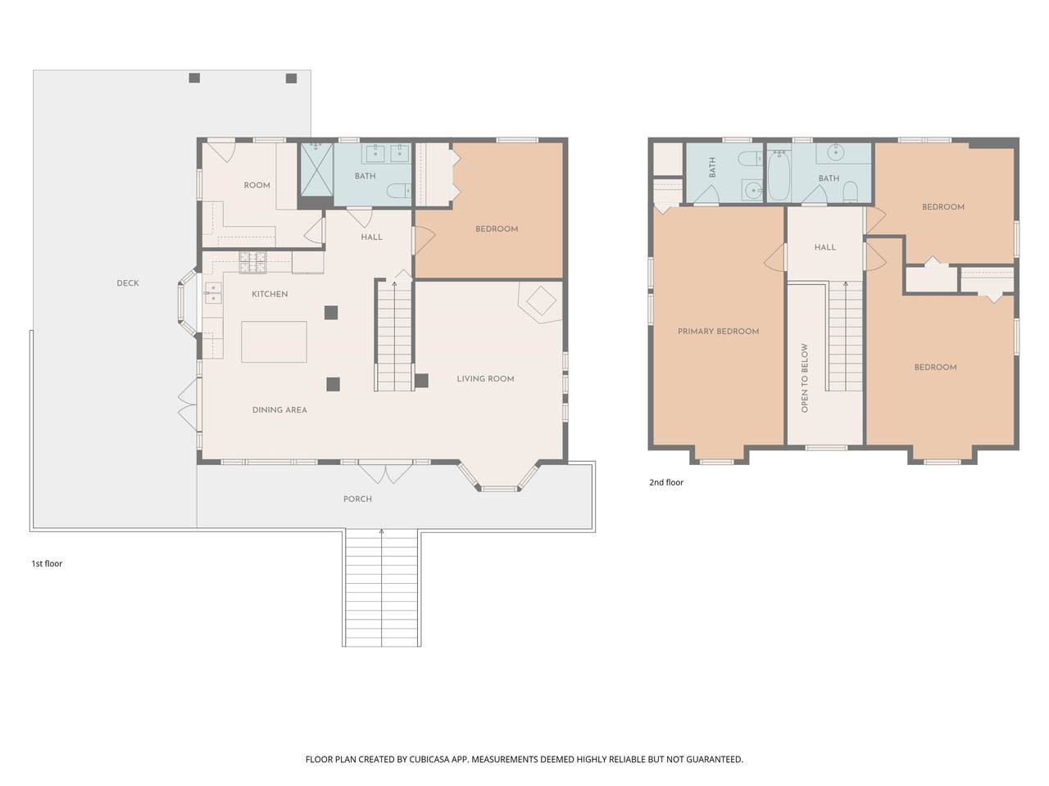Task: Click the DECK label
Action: (x=128, y=283)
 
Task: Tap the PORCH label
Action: (x=357, y=499)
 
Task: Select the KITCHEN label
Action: (x=270, y=294)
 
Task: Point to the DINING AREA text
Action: (x=279, y=409)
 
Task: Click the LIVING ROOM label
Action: (x=485, y=378)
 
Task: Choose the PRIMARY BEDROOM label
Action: (x=718, y=332)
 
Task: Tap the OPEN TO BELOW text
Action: (x=804, y=378)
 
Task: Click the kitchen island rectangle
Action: (x=274, y=341)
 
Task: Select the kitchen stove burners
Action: (x=252, y=263)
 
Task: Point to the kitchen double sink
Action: (x=212, y=292)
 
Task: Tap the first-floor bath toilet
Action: (x=398, y=192)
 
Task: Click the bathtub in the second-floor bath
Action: (x=779, y=175)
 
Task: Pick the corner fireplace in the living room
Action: (x=541, y=301)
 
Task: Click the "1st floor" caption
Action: (x=47, y=563)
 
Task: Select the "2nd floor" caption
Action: (x=665, y=482)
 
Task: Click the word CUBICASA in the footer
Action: (x=429, y=759)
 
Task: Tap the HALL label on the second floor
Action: (x=825, y=247)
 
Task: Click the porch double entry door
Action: (x=385, y=472)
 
